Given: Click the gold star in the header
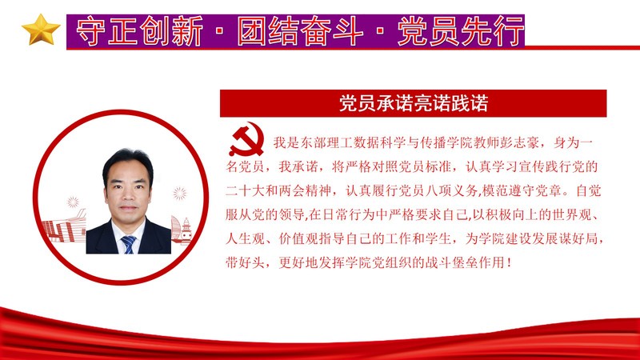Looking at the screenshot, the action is click(41, 30).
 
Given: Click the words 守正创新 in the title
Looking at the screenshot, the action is click(139, 31).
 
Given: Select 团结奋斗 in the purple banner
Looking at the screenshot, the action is click(300, 31).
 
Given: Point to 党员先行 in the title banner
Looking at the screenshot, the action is click(461, 31).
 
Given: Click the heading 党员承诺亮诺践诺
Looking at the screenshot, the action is click(414, 103).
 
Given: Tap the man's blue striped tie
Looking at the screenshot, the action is click(129, 244).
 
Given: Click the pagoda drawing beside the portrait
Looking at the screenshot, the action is click(186, 230).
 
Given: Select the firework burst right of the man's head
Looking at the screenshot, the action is click(179, 193).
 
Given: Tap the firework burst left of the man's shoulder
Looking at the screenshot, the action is click(73, 202).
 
